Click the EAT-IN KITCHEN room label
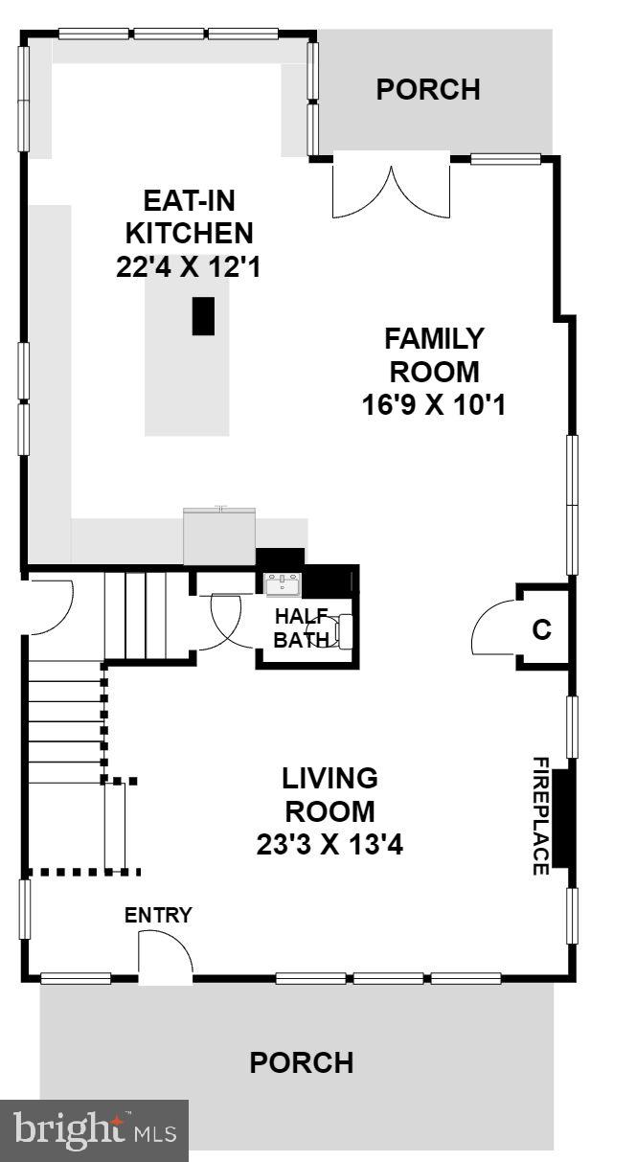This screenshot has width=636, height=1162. pyautogui.click(x=189, y=216)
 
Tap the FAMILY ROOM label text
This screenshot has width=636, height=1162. pyautogui.click(x=433, y=354)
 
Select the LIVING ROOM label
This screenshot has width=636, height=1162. pyautogui.click(x=329, y=793)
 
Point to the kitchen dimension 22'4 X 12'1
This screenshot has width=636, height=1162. pyautogui.click(x=189, y=266)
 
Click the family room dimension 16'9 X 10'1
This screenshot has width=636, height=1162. pyautogui.click(x=433, y=405)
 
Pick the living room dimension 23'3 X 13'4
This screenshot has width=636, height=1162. pyautogui.click(x=329, y=845)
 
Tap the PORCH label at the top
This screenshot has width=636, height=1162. pyautogui.click(x=427, y=89)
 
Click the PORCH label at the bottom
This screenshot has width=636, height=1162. pyautogui.click(x=301, y=1062)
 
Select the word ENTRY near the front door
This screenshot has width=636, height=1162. pyautogui.click(x=158, y=915)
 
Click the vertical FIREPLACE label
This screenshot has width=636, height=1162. pyautogui.click(x=540, y=816)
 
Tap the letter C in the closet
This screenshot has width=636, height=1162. pyautogui.click(x=541, y=630)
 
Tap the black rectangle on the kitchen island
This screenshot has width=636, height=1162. pyautogui.click(x=203, y=316)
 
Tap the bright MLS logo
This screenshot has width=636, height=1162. pyautogui.click(x=94, y=1130)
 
